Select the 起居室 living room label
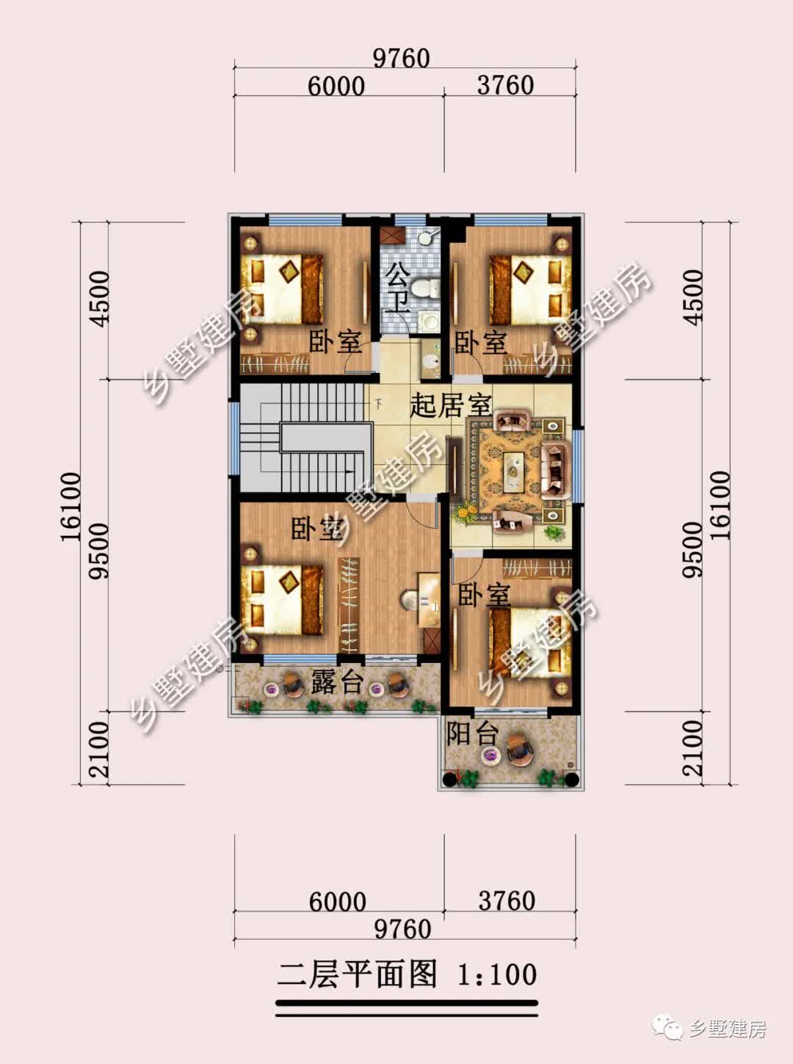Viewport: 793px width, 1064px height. point(451,406)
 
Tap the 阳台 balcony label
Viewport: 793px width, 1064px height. point(472,734)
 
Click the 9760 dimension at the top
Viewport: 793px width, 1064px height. point(402,58)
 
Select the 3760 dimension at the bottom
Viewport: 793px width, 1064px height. point(507,901)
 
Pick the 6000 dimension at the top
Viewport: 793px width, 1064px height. point(336,86)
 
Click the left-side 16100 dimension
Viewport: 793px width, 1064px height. point(70,507)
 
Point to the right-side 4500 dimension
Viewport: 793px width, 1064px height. point(692,297)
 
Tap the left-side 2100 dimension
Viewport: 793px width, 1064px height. point(99,750)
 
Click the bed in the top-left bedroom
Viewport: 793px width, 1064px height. point(282,289)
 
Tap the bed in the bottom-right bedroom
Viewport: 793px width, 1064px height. point(530,643)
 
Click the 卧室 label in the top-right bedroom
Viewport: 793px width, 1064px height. point(480,342)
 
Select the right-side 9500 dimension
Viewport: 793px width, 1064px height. point(692,550)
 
